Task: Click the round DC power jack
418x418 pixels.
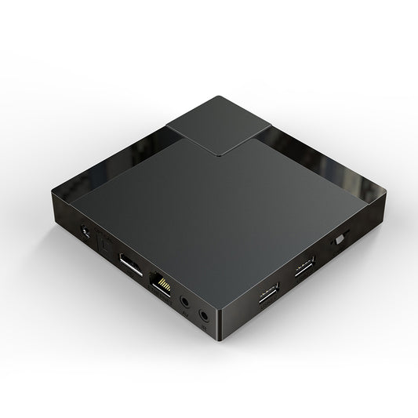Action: click(x=85, y=232)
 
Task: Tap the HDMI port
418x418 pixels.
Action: click(x=131, y=264)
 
